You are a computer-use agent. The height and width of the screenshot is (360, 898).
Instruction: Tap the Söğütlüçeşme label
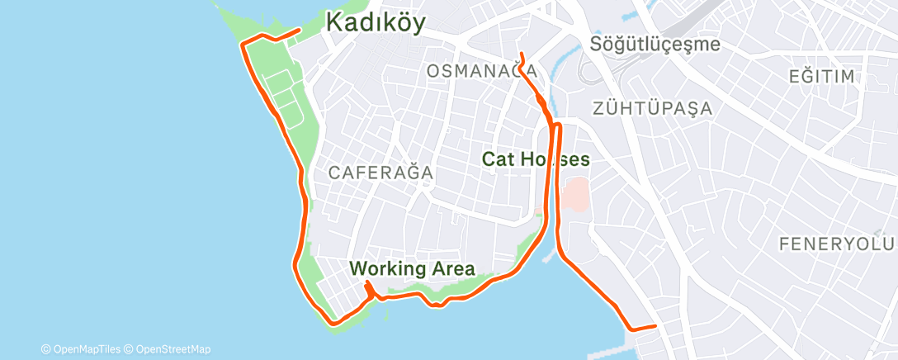tap(655, 45)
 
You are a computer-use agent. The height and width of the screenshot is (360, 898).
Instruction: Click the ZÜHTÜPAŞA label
tap(651, 107)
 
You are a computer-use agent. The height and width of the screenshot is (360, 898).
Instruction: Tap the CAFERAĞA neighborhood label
tap(380, 173)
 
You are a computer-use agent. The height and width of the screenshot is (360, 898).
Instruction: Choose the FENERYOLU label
tap(837, 244)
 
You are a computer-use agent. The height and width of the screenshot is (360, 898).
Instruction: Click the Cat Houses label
tap(536, 159)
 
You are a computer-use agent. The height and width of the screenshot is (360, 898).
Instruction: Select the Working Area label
tap(412, 268)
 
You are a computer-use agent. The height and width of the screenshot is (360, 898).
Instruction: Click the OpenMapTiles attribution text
tap(85, 348)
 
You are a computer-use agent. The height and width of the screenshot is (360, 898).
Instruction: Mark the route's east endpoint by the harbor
tap(655, 326)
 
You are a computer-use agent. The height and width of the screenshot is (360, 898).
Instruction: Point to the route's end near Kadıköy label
tap(298, 31)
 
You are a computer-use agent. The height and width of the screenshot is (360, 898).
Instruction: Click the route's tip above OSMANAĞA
tap(521, 54)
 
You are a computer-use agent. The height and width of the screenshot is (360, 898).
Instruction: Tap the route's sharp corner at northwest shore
tap(242, 45)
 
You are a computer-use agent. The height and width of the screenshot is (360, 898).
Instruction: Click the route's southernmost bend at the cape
tap(333, 323)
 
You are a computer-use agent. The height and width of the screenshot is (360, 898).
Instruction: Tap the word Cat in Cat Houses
tap(499, 159)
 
